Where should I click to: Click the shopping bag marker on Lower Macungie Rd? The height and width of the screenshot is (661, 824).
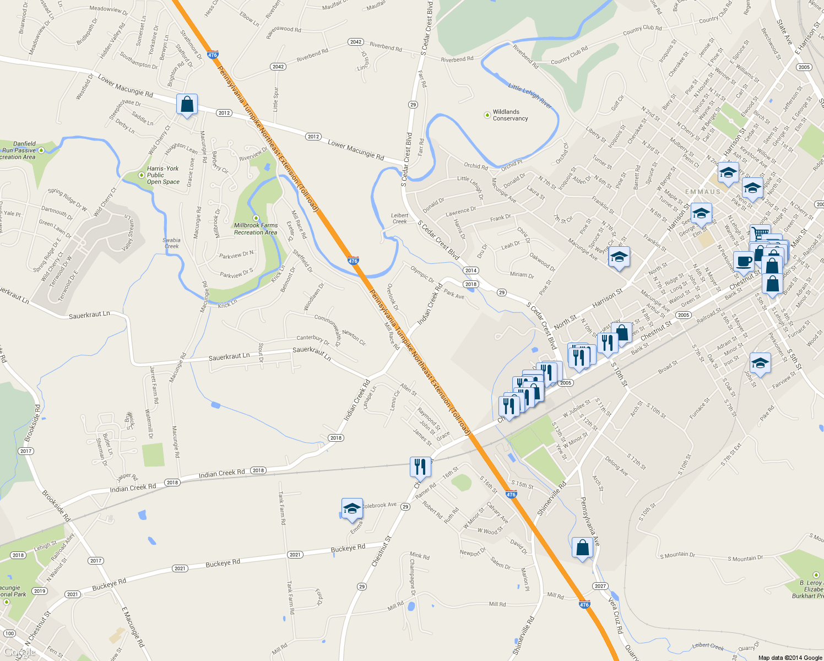coord(187,104)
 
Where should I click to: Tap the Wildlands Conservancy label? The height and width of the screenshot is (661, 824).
coord(510,115)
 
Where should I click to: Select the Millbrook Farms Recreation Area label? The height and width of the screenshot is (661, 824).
coord(256,229)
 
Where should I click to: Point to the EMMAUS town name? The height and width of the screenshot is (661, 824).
coord(703,192)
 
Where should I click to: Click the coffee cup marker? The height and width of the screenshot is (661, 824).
coord(744,262)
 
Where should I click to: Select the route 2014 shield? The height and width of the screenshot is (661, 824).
coord(470,270)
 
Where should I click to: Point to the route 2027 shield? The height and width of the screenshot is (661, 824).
coord(600,586)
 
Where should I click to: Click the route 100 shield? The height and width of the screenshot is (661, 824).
coord(9,633)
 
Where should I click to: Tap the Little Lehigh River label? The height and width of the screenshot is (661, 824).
coord(530,95)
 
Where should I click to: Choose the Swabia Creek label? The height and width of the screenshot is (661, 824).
coord(171,243)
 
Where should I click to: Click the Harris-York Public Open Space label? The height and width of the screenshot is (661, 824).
coord(162,175)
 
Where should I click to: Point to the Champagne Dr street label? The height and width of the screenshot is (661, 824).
coord(412,576)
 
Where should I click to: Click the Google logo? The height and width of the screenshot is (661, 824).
coord(19,652)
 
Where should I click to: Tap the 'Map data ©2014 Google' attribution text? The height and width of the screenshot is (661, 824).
coord(790,658)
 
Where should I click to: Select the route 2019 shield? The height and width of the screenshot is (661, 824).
coord(39,591)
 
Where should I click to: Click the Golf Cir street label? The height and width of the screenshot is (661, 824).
coord(617,103)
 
